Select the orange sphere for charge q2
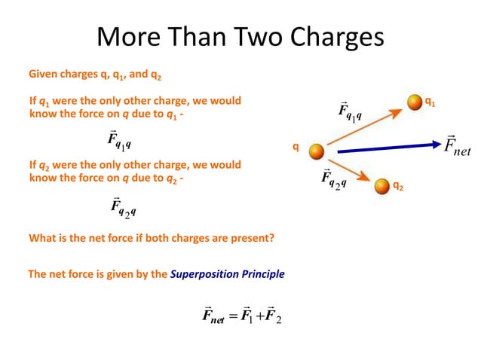tap(381, 185)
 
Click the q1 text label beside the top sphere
tap(430, 99)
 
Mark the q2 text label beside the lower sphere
tap(398, 185)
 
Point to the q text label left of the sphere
tap(296, 148)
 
